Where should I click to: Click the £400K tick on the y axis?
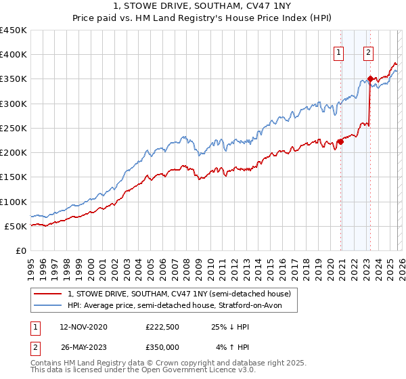(x=14, y=55)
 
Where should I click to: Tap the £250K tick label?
(x=14, y=128)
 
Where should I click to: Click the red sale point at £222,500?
(x=340, y=142)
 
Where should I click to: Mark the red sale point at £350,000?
(x=370, y=79)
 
